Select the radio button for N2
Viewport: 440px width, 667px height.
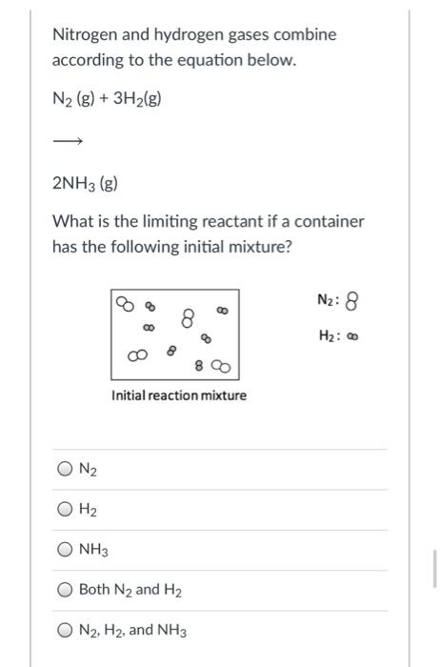(64, 469)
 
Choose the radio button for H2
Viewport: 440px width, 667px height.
(64, 510)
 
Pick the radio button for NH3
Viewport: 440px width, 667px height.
(64, 550)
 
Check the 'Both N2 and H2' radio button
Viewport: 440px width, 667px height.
(64, 590)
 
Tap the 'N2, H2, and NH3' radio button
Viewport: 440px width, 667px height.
(64, 630)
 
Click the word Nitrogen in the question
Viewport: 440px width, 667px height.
(84, 34)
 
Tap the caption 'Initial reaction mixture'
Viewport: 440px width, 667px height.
(178, 394)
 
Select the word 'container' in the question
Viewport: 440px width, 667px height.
(330, 222)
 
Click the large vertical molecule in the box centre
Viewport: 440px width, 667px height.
(189, 315)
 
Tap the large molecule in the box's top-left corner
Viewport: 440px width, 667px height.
(125, 304)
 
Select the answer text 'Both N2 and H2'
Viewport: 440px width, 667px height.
(132, 590)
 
